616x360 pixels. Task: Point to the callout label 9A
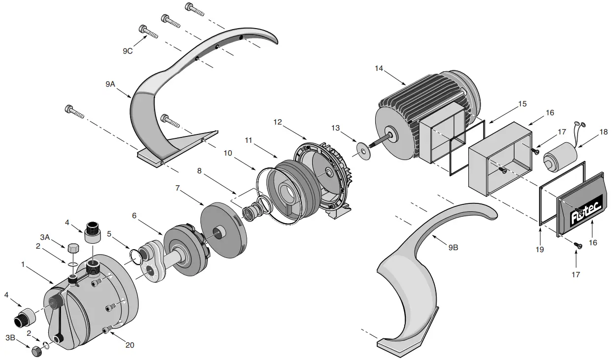coord(110,85)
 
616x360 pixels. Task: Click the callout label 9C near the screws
coord(128,50)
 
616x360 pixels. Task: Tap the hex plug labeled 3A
coord(72,248)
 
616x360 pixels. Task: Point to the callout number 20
coord(130,345)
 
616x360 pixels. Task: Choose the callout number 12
coord(278,122)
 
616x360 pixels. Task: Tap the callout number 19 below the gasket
coord(540,250)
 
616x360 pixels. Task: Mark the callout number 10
coord(228,153)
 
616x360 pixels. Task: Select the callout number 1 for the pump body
coord(23,264)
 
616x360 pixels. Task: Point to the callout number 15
coord(522,104)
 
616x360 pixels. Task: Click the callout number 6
coord(134,216)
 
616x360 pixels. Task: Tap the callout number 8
coord(199,171)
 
